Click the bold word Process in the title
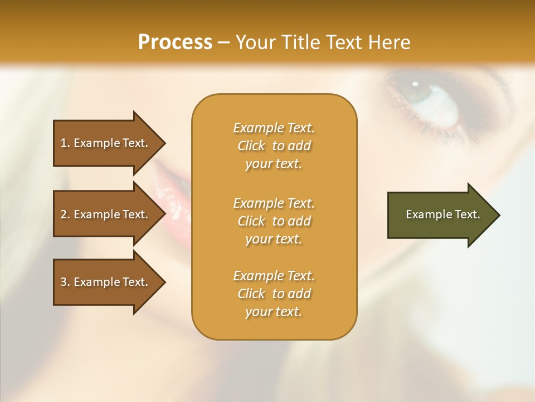pos(175,42)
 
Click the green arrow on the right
pos(440,214)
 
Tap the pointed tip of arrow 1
pos(164,143)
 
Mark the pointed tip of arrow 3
pos(164,282)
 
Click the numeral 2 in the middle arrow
pos(64,214)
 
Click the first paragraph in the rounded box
pos(274,146)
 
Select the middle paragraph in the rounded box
pos(274,221)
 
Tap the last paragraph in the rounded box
pos(274,294)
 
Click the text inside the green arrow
pos(442,214)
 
